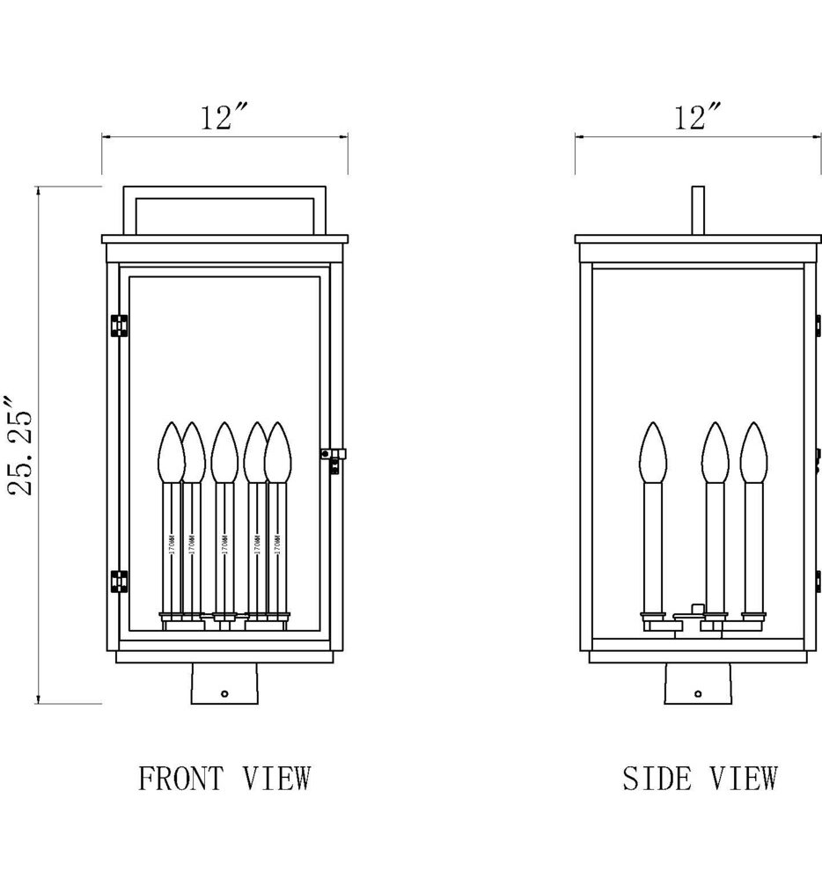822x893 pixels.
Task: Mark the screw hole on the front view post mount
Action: click(224, 693)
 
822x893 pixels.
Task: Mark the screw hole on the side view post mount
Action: click(698, 693)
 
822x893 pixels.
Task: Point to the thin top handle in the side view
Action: click(699, 209)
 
